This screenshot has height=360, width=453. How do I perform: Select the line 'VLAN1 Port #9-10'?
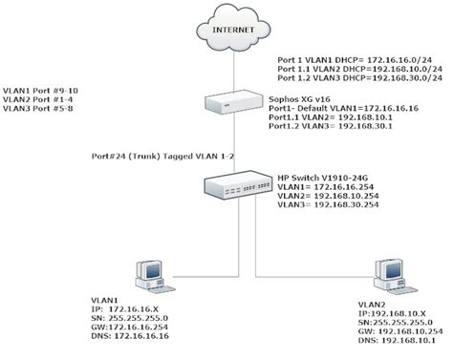[x=43, y=88]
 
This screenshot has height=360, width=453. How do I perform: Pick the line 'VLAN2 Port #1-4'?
[x=41, y=99]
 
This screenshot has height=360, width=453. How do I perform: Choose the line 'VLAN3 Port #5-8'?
[x=41, y=111]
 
